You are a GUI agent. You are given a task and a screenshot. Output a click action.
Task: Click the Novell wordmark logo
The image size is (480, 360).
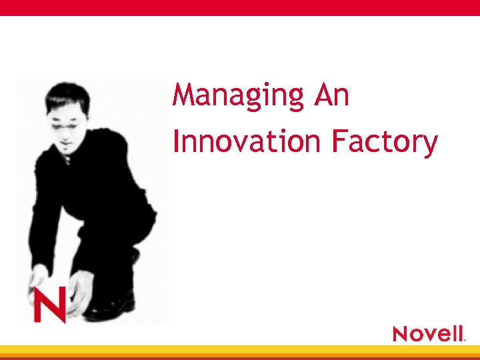pyautogui.click(x=428, y=333)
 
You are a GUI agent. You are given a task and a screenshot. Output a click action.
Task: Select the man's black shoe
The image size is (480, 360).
pyautogui.click(x=110, y=307)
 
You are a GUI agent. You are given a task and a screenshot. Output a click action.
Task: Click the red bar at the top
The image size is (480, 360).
pyautogui.click(x=240, y=7)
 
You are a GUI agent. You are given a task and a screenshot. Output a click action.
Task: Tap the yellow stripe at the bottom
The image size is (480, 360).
pyautogui.click(x=240, y=349)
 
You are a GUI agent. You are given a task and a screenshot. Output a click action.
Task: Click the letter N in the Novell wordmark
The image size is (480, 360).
pyautogui.click(x=402, y=333)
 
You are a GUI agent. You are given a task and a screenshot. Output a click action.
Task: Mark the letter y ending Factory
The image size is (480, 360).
pyautogui.click(x=429, y=145)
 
